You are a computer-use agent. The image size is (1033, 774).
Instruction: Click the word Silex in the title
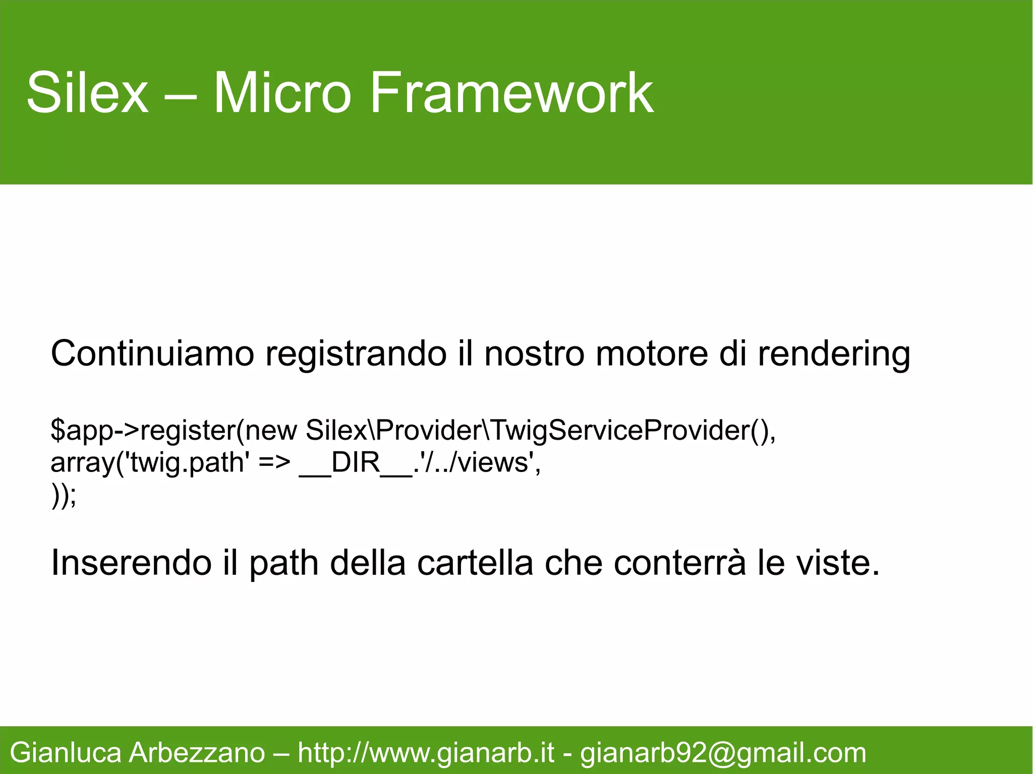click(x=87, y=93)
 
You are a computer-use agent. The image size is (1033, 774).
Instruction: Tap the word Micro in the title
click(x=282, y=93)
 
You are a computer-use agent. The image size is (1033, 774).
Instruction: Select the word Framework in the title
click(x=511, y=93)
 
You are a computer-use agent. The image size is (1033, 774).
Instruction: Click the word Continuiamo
click(x=152, y=354)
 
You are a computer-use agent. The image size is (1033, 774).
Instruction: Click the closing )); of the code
click(x=64, y=496)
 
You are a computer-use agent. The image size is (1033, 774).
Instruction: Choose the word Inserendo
click(x=131, y=563)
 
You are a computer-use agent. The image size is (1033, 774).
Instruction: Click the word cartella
click(x=475, y=563)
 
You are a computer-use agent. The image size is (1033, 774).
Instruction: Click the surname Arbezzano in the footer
click(x=197, y=753)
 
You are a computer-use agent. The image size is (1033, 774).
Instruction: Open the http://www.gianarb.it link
click(x=426, y=753)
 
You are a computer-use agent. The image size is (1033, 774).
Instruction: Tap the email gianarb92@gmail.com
click(x=723, y=753)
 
